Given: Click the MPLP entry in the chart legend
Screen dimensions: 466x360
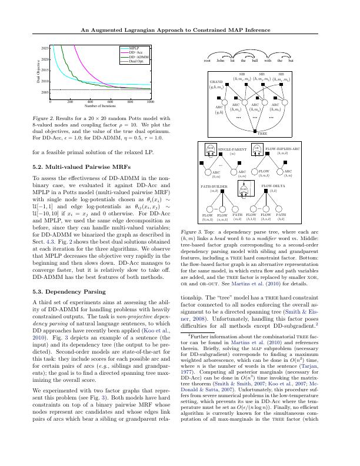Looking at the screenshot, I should click(134, 48).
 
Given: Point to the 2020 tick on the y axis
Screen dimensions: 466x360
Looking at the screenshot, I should click(45, 59).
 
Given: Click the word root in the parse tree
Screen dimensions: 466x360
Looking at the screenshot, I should click(207, 60).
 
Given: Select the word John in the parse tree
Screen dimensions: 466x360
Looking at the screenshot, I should click(220, 60).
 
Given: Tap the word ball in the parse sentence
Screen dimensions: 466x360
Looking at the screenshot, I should click(254, 60).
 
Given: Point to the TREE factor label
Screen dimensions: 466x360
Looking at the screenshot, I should click(262, 134).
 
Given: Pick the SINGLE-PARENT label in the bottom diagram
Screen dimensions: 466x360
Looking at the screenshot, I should click(232, 149).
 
